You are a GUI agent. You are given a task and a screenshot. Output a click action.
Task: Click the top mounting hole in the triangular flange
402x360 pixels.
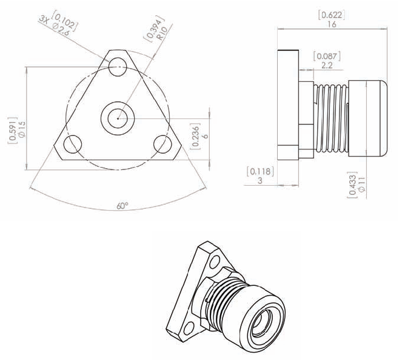point(118,67)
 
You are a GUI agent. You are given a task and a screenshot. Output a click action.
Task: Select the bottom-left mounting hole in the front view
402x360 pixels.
point(73,144)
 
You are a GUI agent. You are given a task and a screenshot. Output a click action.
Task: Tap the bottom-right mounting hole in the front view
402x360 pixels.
point(162,144)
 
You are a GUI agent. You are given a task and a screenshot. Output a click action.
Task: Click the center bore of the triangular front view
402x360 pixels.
point(118,118)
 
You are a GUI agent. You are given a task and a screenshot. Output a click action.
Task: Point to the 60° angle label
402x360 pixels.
point(122,206)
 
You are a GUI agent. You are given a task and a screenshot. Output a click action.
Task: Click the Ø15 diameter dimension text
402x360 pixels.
point(22,130)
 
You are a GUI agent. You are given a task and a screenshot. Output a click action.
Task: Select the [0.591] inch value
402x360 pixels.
point(13,130)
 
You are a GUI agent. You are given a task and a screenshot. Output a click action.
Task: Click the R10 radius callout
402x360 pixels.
point(162,33)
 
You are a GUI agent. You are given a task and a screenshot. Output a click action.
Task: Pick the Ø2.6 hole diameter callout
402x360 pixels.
point(60,29)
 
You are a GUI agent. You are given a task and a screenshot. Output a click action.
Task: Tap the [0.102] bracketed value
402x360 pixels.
point(65,21)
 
